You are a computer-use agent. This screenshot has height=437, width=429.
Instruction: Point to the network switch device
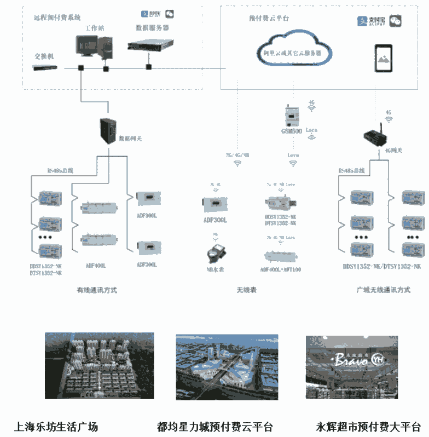(44, 68)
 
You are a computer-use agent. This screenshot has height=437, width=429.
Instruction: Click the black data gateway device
(108, 130)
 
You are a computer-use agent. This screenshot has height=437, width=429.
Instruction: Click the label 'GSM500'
(291, 131)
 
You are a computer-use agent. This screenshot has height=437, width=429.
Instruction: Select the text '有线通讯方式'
(97, 290)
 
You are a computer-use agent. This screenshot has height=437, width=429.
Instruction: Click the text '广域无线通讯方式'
(382, 290)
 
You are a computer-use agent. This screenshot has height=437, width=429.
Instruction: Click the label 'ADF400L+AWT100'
(281, 269)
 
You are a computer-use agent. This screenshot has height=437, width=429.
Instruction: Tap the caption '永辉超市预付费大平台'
(368, 427)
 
